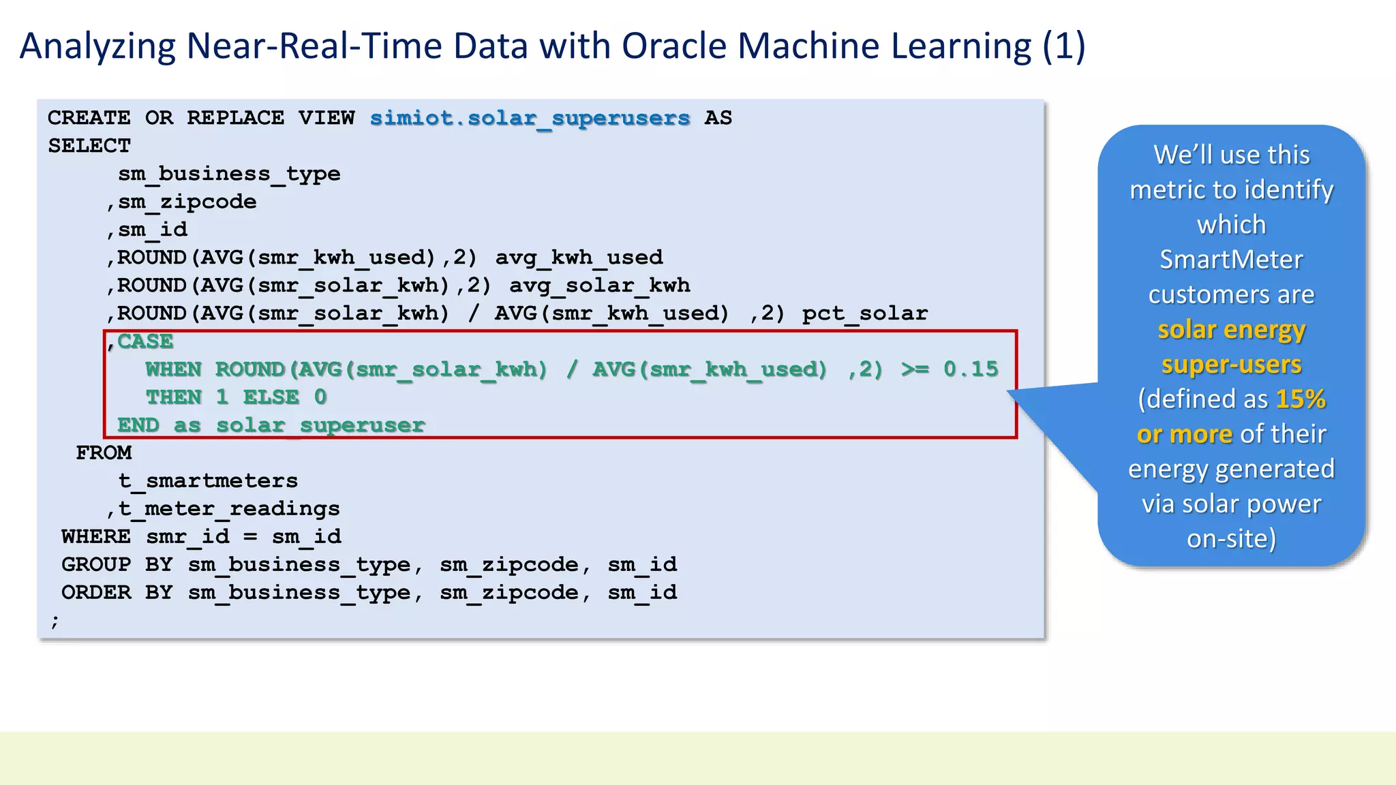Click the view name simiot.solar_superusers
[x=530, y=119]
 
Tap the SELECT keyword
[x=89, y=146]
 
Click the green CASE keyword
[x=145, y=341]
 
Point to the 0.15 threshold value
[x=971, y=369]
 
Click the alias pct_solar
[x=864, y=313]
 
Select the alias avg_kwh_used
[x=579, y=258]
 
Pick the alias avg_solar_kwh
[x=599, y=286]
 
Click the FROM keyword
[x=104, y=453]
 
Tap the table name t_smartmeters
[x=208, y=481]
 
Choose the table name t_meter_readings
[x=229, y=509]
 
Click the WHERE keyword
[x=96, y=537]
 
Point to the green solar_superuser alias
[x=320, y=425]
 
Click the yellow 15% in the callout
[x=1301, y=399]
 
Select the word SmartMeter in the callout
[x=1231, y=260]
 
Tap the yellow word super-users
[x=1231, y=365]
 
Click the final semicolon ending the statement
[x=55, y=621]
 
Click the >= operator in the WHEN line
[x=915, y=369]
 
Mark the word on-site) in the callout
[x=1231, y=539]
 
